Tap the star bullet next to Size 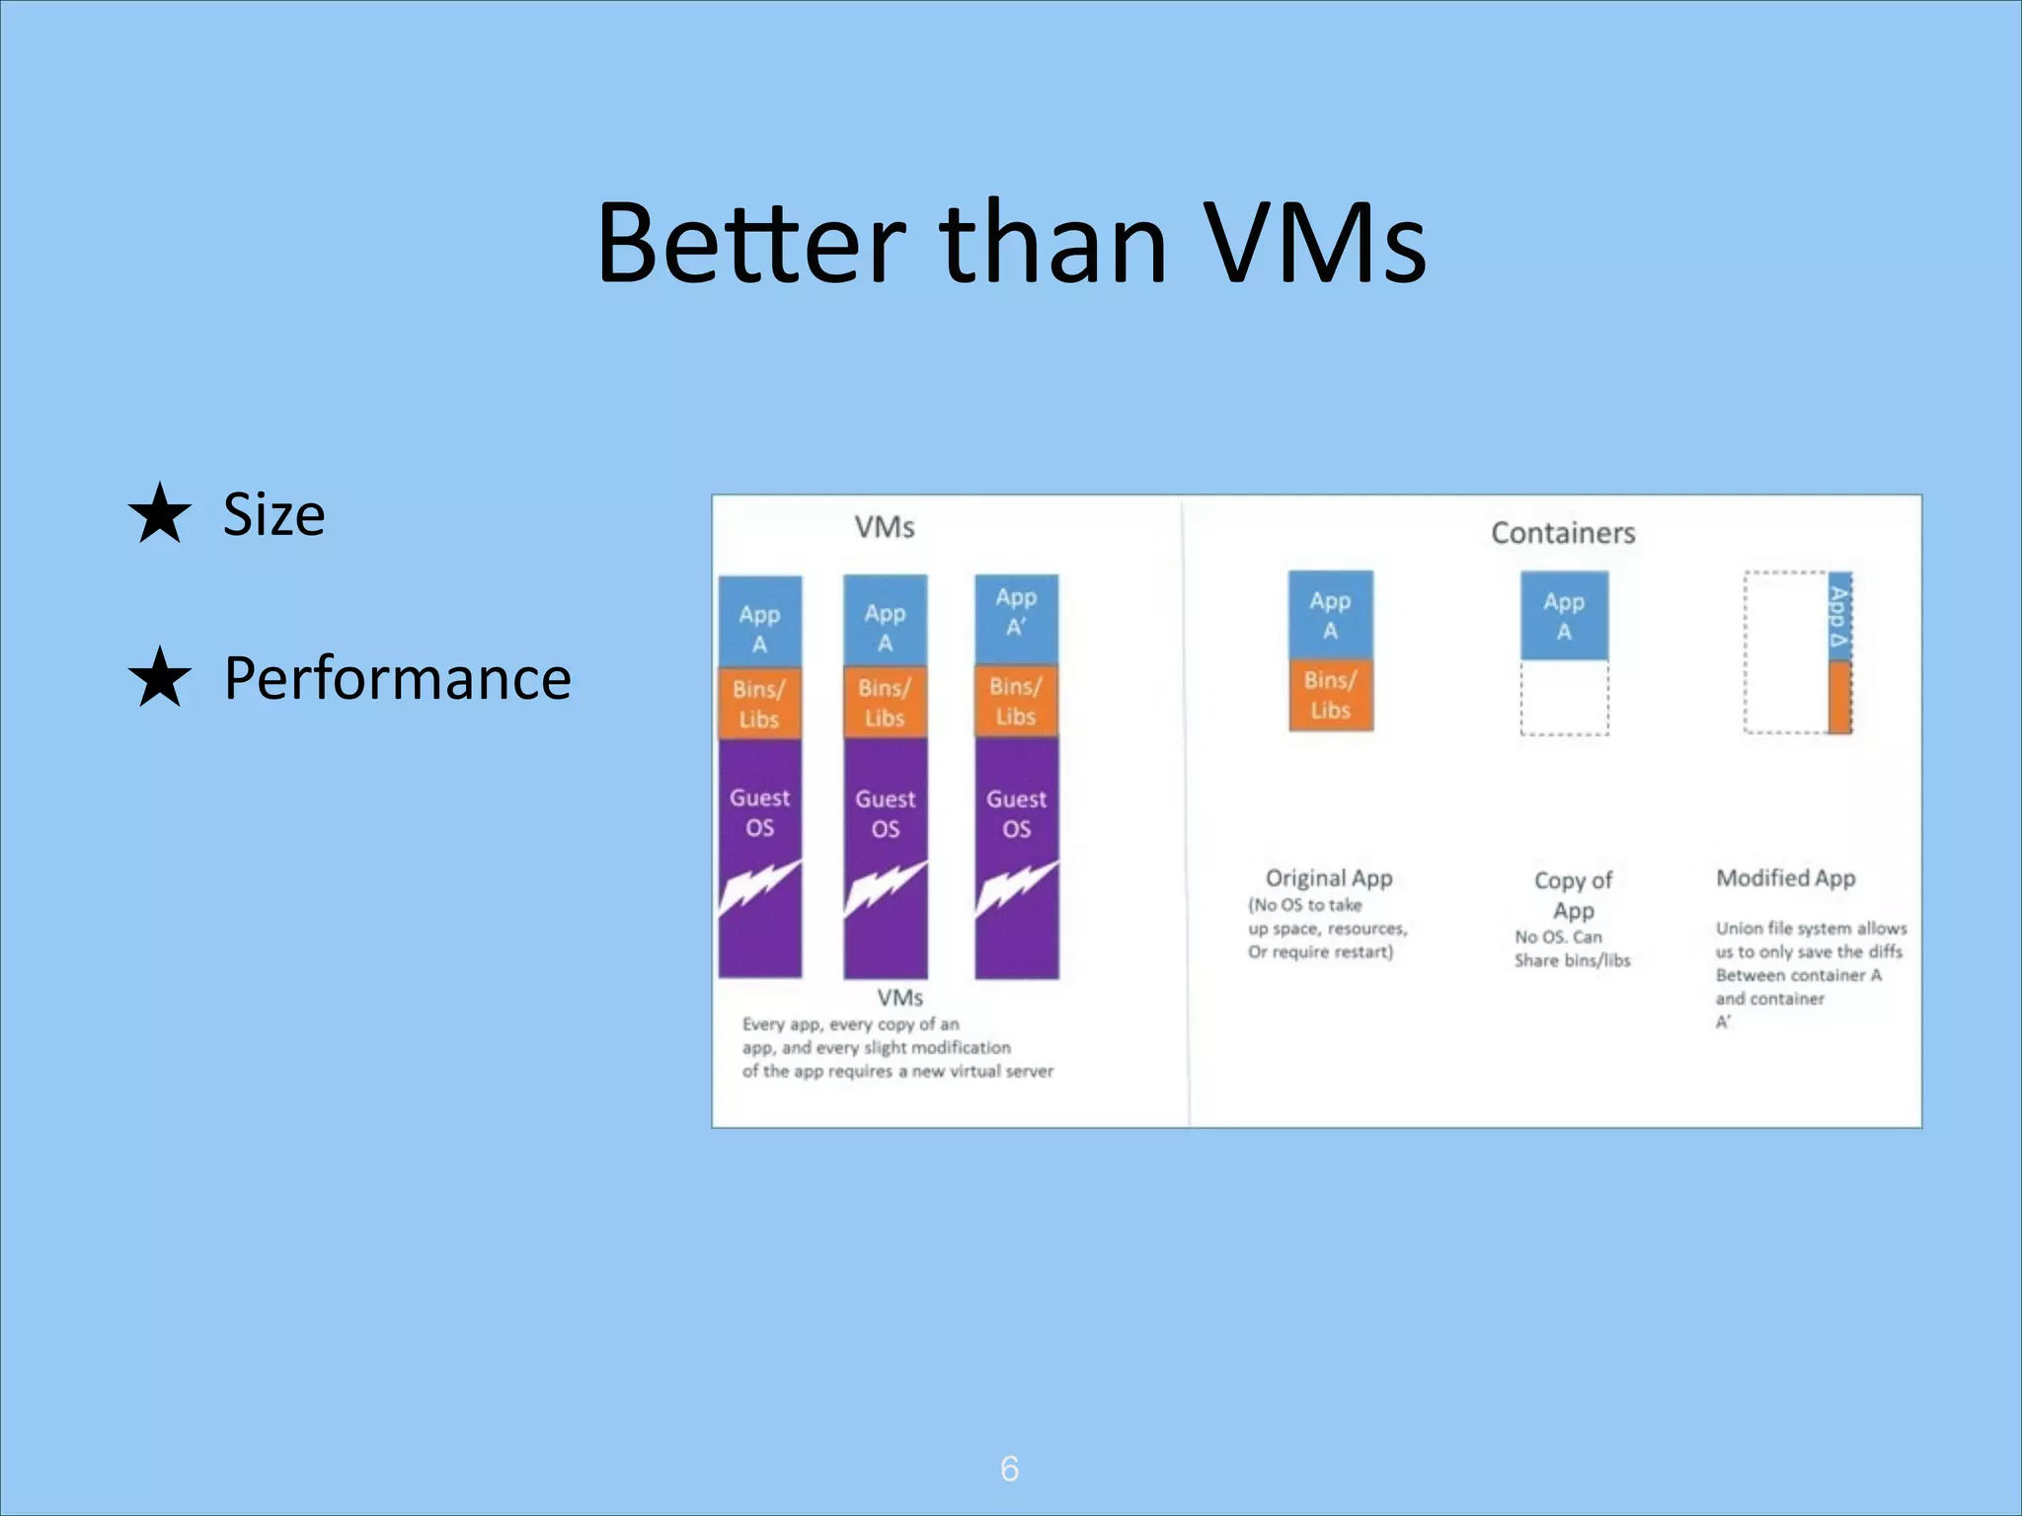159,513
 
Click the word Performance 397,679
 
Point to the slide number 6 1009,1469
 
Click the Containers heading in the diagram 1562,533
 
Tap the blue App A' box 1016,619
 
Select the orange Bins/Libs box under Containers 1330,695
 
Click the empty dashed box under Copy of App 1564,698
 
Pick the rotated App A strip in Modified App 1838,618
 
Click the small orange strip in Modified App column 1838,697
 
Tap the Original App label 1328,877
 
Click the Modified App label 1785,877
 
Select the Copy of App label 1573,894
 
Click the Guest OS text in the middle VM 885,813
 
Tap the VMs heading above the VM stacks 884,527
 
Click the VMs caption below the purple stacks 899,997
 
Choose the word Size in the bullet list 273,514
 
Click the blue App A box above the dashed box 1564,616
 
